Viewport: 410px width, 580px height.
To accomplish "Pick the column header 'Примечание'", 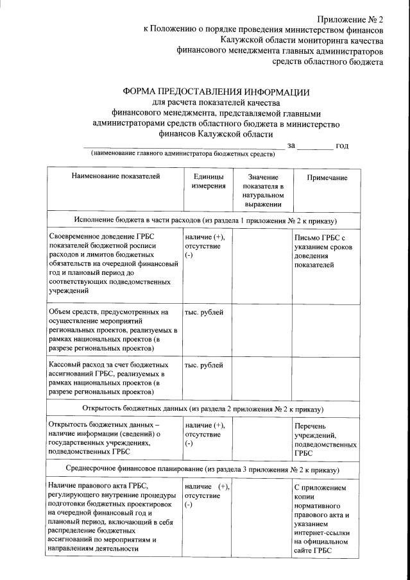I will click(x=327, y=178).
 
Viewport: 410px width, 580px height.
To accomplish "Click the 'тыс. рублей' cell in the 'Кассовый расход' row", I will click(x=204, y=365).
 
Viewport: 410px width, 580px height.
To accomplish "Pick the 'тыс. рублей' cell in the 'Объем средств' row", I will click(x=204, y=311).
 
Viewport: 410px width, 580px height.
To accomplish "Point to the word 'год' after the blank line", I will click(x=342, y=145).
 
